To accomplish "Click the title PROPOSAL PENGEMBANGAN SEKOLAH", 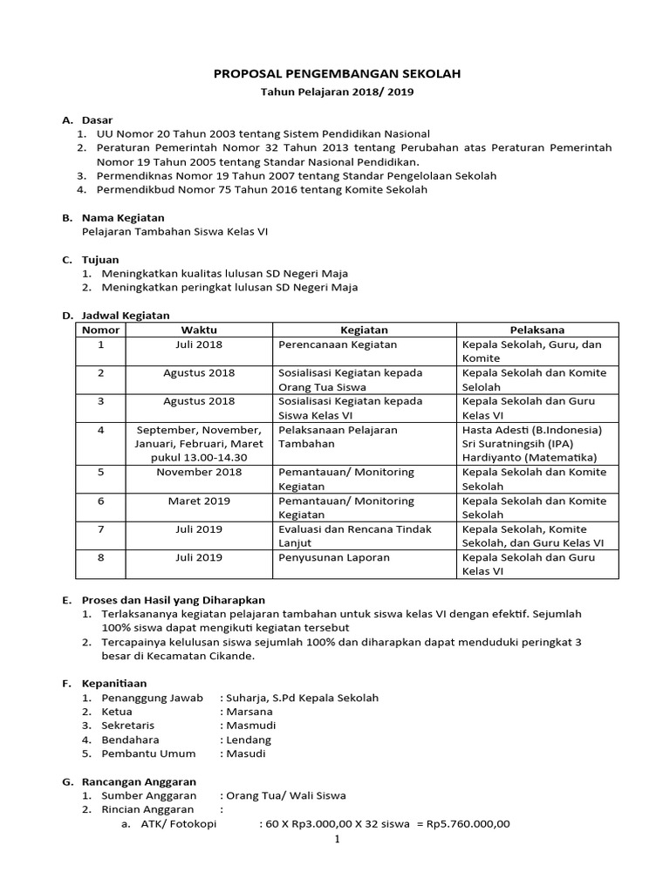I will (337, 75).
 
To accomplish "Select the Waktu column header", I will (199, 330).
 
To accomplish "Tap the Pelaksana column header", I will (537, 330).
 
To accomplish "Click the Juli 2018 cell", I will (199, 344).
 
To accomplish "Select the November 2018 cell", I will (199, 472).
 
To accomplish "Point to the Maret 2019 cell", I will (199, 501).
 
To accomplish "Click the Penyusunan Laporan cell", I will (333, 557).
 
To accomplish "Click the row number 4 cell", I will (100, 430).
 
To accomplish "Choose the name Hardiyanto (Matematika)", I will (530, 457).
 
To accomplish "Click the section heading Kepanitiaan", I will (114, 684).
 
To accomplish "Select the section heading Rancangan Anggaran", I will (139, 781).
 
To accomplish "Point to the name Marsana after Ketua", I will (249, 712).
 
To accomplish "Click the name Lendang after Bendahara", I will (249, 740).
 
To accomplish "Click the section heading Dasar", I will (97, 119).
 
